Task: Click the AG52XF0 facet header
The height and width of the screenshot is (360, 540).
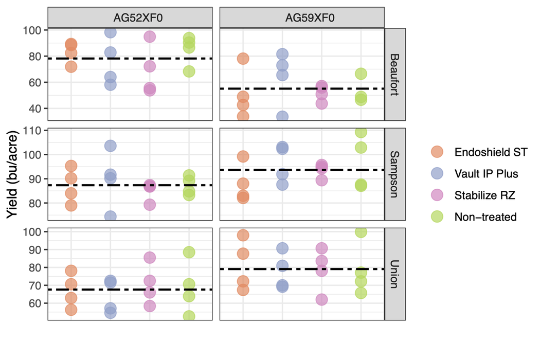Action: point(130,18)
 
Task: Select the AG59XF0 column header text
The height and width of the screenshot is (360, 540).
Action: point(302,18)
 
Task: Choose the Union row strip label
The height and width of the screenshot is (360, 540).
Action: point(395,274)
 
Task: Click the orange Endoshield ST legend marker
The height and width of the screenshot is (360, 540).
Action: point(437,152)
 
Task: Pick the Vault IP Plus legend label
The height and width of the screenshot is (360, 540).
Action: point(486,174)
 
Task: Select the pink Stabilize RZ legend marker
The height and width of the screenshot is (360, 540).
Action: point(437,195)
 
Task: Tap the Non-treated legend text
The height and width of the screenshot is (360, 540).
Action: point(485,217)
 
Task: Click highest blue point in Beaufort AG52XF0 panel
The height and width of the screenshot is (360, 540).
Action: point(110,32)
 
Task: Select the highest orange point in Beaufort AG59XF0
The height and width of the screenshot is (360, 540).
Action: point(243,59)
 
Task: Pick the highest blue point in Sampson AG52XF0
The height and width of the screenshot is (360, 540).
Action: point(110,146)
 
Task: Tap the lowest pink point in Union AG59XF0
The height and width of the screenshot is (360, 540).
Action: point(321,299)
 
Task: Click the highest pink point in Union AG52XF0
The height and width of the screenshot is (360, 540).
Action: point(150,257)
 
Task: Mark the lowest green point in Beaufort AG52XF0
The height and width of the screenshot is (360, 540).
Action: point(189,71)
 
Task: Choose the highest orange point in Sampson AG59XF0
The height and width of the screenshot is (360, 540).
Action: point(243,156)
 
